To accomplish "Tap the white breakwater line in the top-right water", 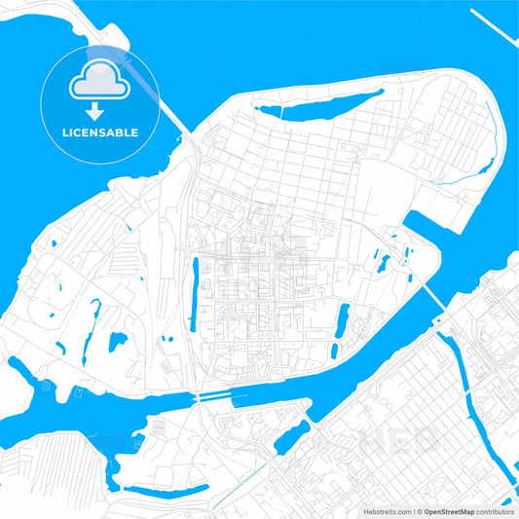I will click(495, 24).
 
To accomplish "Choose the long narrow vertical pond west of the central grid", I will click(195, 292).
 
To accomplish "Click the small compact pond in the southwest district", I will click(117, 342).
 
